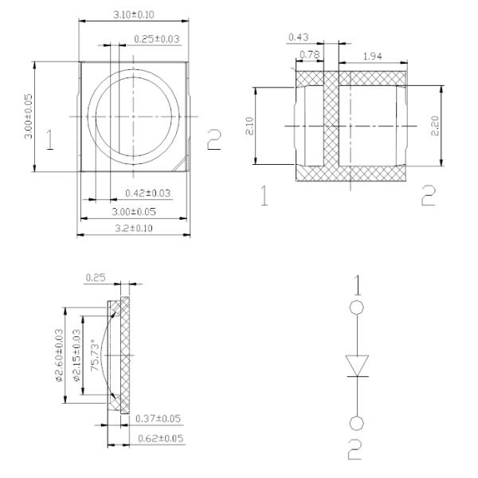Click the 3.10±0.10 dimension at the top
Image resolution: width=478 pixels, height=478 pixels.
point(133,14)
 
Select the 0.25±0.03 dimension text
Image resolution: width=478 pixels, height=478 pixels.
point(157,38)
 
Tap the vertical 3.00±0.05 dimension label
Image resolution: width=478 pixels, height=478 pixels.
point(29,116)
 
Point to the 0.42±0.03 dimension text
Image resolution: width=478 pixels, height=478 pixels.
point(148,194)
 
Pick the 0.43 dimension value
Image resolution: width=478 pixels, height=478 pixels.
point(298,38)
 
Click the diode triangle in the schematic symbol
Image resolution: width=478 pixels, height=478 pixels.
point(358,366)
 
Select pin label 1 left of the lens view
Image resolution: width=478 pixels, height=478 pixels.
point(49,141)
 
